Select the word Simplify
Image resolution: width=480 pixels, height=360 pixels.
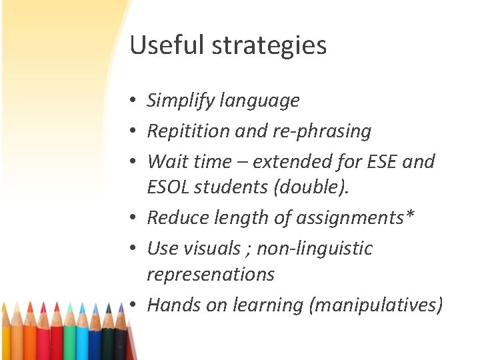click(x=177, y=101)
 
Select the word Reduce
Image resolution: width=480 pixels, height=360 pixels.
click(x=174, y=217)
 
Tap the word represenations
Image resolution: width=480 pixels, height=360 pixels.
click(x=211, y=274)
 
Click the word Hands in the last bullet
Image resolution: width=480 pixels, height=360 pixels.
click(x=169, y=305)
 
